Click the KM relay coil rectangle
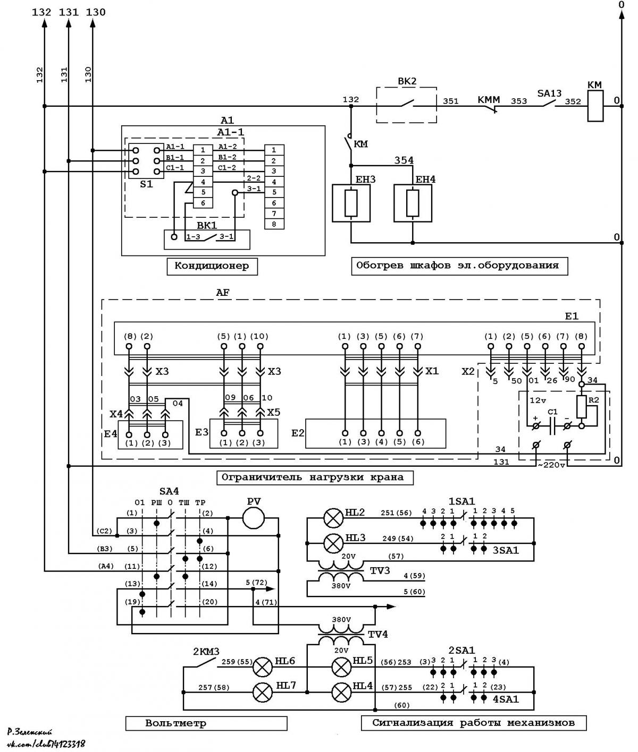coord(595,106)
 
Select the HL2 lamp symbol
coord(333,518)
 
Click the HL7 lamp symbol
coord(262,692)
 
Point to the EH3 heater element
coord(351,203)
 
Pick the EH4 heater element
coord(413,203)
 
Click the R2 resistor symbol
coord(582,407)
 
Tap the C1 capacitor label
coord(552,412)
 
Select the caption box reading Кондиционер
coord(212,266)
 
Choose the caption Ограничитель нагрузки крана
coord(315,477)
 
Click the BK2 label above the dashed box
coord(407,81)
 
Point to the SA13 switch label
coord(549,93)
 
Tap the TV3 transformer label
coord(380,570)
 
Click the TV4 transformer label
coord(377,635)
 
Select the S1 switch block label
coord(146,184)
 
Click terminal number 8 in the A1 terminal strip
coord(274,224)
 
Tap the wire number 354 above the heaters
coord(404,160)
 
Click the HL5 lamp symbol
coord(341,667)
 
